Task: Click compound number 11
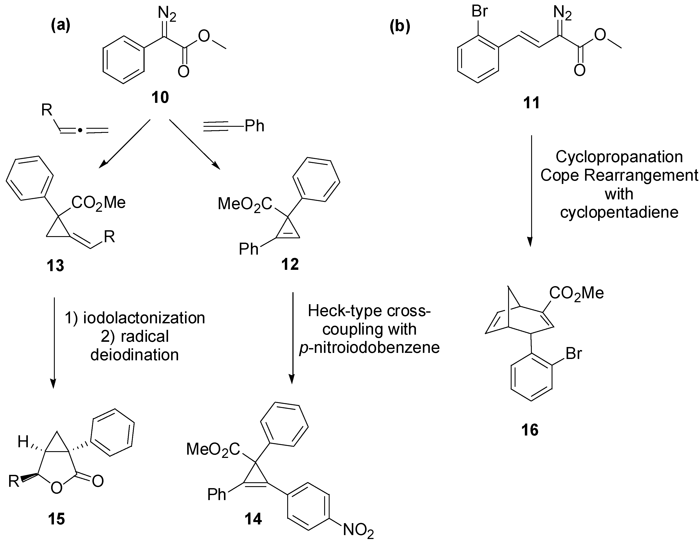[531, 103]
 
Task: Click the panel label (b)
[400, 27]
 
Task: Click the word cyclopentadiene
[619, 212]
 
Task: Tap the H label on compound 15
[23, 442]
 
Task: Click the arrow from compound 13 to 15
[54, 342]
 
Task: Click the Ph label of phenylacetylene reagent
[254, 126]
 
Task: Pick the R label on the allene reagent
[47, 110]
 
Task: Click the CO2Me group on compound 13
[98, 203]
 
